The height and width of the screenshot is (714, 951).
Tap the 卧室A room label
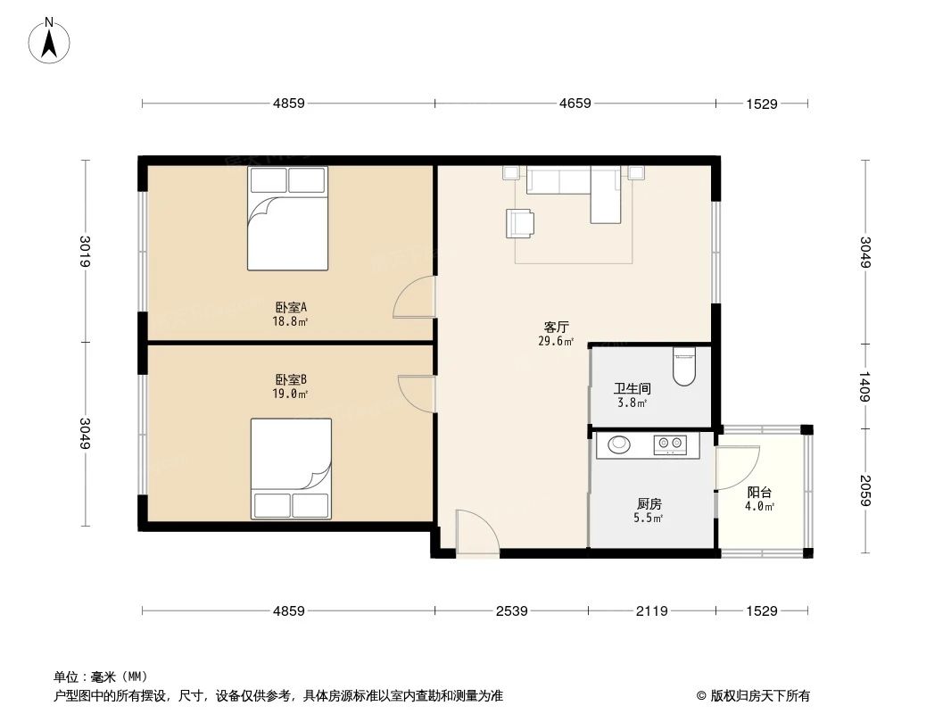(291, 307)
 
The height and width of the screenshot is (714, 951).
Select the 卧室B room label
(291, 379)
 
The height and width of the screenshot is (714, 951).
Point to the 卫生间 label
(632, 389)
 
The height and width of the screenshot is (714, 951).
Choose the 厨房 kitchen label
(649, 504)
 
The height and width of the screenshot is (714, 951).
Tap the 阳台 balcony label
(759, 493)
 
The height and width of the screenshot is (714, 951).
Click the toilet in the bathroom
(684, 366)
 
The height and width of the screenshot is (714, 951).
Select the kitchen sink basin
(616, 443)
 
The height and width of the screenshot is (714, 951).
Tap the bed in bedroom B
(291, 469)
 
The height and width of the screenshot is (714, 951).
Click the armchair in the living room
(520, 223)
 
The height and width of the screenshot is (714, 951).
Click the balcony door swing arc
(739, 467)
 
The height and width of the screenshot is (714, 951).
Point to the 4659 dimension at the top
(575, 104)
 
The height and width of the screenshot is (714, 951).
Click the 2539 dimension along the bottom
(512, 611)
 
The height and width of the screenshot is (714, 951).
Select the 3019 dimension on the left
(86, 251)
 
